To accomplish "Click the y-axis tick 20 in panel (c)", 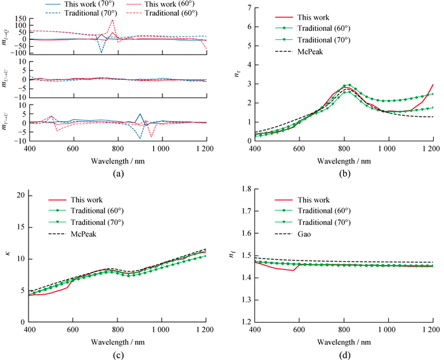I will tap(19, 195).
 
